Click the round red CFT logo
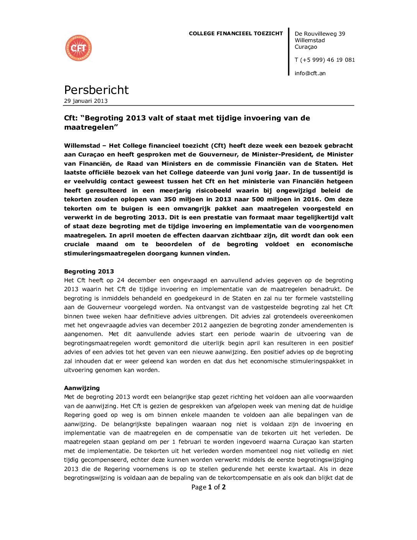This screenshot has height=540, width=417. pyautogui.click(x=79, y=48)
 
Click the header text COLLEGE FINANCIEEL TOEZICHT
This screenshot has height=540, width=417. pyautogui.click(x=236, y=34)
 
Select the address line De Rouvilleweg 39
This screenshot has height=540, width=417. pyautogui.click(x=320, y=34)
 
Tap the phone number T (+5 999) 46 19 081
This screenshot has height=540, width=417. pyautogui.click(x=325, y=60)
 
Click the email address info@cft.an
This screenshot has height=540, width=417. pyautogui.click(x=310, y=73)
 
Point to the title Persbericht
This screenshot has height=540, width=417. pyautogui.click(x=96, y=90)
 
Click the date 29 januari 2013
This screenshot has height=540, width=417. pyautogui.click(x=86, y=101)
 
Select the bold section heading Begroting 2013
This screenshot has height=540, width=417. pyautogui.click(x=89, y=272)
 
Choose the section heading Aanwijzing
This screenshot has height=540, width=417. pyautogui.click(x=82, y=388)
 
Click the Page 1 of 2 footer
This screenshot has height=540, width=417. pyautogui.click(x=208, y=487)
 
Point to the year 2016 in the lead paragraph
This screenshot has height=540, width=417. pyautogui.click(x=311, y=199)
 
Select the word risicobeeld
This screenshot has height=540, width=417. pyautogui.click(x=213, y=191)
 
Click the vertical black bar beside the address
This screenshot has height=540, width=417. pyautogui.click(x=289, y=52)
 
